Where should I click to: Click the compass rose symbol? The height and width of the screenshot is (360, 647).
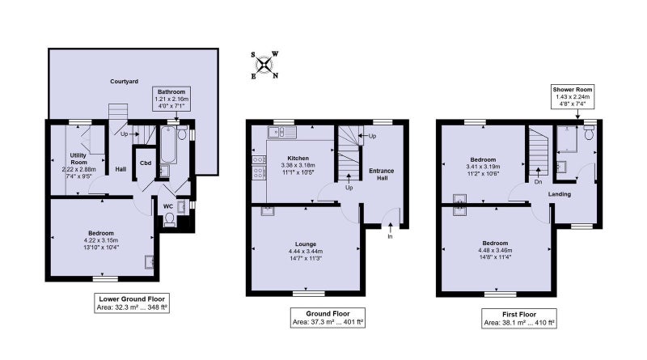coord(264,65)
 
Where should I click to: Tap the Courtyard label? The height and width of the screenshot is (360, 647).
coord(125,82)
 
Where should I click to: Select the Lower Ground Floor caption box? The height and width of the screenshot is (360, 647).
coord(132,303)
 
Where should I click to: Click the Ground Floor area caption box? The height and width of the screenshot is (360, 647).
coord(328,318)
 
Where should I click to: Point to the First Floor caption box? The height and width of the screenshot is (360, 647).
coord(519,318)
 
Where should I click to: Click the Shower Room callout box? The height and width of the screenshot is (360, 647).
coord(573,96)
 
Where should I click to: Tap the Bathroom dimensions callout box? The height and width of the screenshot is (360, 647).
coord(171,99)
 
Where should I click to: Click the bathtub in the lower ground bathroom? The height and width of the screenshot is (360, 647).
coord(168,145)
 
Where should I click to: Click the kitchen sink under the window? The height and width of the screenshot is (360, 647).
coord(281,132)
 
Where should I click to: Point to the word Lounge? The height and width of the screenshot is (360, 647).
coord(306,244)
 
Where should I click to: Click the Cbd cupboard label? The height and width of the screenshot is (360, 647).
coord(146,163)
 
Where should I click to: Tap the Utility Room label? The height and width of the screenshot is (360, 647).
coord(78,159)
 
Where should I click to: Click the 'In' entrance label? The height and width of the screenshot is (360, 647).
coord(390,236)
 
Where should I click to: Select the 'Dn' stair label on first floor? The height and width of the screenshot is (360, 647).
coord(538,182)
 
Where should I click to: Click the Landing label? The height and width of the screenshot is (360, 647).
coord(560,194)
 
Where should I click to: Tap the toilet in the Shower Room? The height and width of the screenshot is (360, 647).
coord(589,133)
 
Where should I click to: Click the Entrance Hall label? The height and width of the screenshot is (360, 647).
coord(381,174)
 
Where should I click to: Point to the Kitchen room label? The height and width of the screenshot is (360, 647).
coord(298,158)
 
